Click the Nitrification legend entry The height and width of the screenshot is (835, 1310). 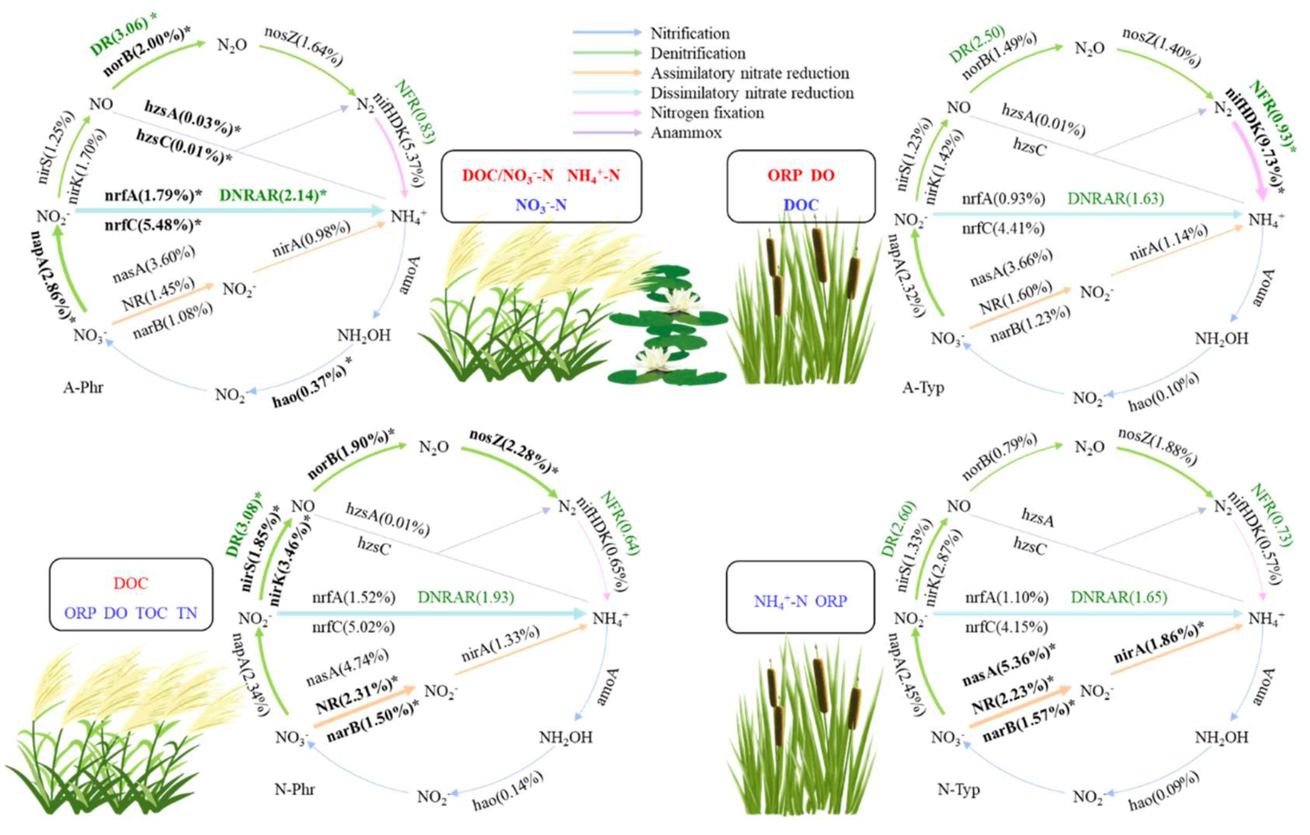click(x=690, y=33)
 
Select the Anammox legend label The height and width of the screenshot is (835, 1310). click(x=686, y=132)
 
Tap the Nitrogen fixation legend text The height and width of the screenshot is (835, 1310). click(x=707, y=113)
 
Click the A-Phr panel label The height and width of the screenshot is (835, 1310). click(x=83, y=387)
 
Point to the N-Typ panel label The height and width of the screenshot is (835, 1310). click(x=958, y=789)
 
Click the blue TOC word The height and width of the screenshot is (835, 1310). click(x=152, y=613)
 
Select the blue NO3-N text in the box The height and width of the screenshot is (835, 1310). click(x=541, y=205)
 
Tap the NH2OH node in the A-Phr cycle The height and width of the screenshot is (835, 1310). click(x=364, y=335)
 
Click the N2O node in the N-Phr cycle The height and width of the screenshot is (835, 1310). click(x=433, y=448)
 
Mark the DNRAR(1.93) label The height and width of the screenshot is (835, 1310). click(x=466, y=598)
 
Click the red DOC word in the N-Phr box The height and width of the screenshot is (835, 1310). click(x=130, y=583)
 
